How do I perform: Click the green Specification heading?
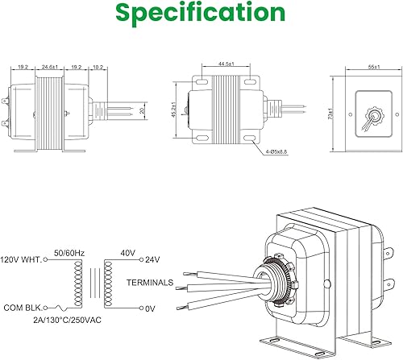point(200,13)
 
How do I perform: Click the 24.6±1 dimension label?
point(50,67)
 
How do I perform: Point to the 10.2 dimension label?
point(98,67)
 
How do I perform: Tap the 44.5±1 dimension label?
point(226,64)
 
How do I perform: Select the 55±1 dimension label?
point(374,67)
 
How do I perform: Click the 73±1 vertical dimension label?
point(330,114)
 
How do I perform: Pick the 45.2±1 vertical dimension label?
point(174,110)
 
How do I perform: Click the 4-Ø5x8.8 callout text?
point(276,151)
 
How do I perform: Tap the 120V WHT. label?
point(21,260)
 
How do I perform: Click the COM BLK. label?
point(23,308)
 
